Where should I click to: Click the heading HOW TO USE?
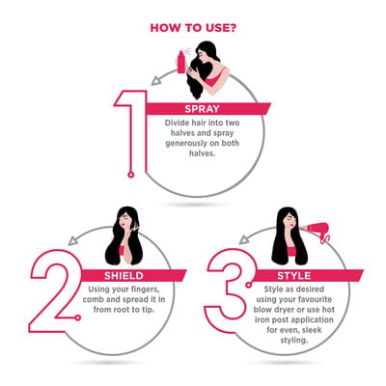tap(193, 28)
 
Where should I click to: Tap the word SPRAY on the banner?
tap(202, 109)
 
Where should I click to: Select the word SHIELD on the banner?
tap(124, 276)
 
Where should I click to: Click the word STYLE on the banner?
tap(294, 276)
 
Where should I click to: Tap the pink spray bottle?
tap(181, 62)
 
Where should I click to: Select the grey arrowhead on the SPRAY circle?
tap(156, 80)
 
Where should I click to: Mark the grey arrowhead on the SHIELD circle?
tap(73, 240)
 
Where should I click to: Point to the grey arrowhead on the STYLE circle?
tap(244, 239)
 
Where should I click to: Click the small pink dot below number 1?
tap(130, 175)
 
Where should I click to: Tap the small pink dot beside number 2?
tap(77, 318)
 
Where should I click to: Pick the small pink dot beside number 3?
tap(249, 285)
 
